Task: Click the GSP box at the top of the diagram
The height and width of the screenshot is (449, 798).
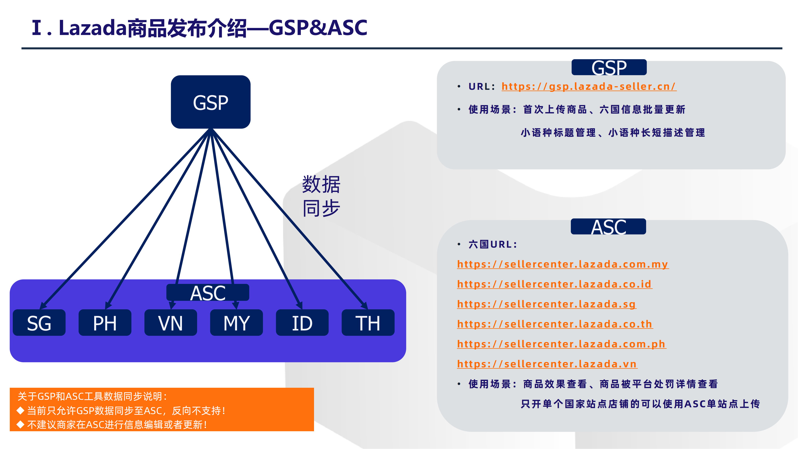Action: point(211,102)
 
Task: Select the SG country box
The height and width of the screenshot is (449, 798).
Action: point(39,323)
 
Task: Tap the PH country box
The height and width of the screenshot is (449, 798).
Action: point(105,323)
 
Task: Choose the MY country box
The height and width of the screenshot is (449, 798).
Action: point(236,323)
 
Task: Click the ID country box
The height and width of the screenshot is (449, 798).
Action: point(302,323)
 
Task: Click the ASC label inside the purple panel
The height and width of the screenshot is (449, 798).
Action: point(207,293)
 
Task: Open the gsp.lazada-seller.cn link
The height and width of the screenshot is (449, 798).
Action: point(589,86)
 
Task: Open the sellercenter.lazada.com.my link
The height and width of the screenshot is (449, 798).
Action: point(563,264)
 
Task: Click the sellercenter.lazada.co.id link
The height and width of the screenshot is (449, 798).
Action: point(555,284)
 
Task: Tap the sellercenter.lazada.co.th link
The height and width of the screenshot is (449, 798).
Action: point(555,324)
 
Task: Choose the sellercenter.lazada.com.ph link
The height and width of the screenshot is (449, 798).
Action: point(561,344)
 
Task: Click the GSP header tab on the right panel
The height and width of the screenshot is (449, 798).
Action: point(609,68)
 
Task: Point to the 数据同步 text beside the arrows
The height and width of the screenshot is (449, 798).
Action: point(321,196)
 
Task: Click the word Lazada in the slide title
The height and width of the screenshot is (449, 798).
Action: point(92,28)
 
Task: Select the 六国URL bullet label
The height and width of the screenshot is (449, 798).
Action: point(493,244)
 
